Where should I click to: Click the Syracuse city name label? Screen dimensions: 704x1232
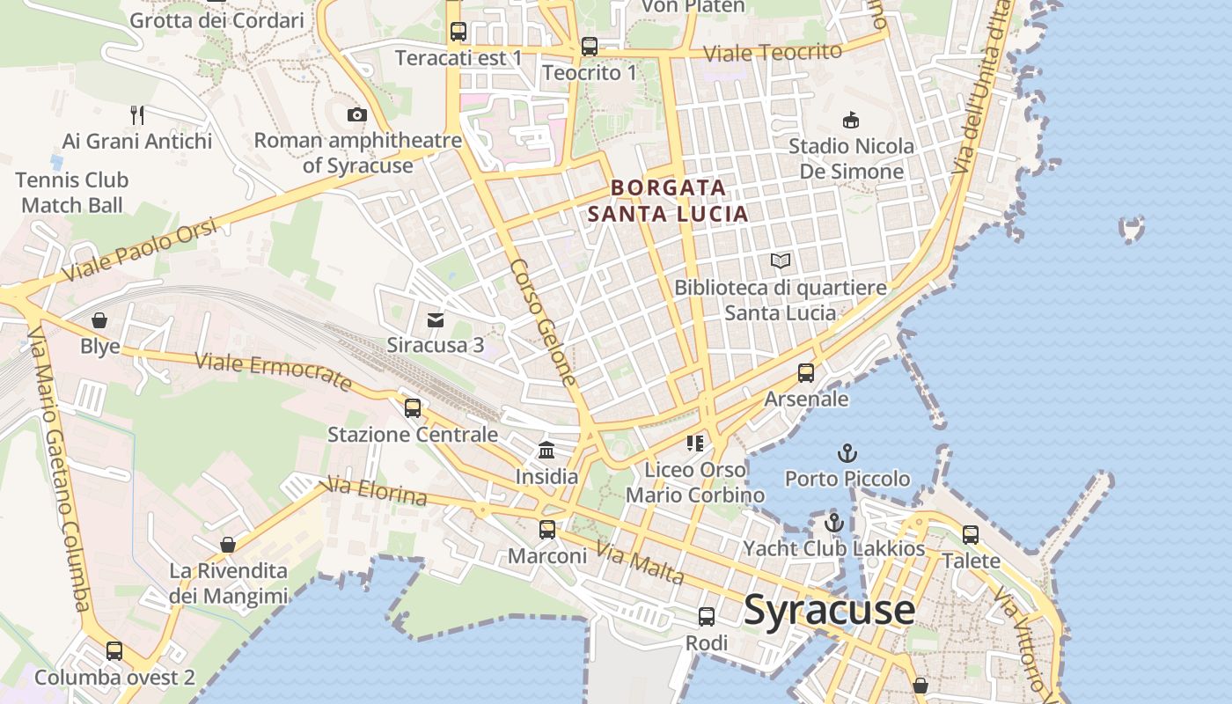(x=829, y=610)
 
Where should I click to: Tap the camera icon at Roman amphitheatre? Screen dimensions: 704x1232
(x=356, y=114)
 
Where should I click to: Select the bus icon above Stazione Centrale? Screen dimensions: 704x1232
(x=413, y=408)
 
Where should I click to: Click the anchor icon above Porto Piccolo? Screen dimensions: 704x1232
(x=847, y=453)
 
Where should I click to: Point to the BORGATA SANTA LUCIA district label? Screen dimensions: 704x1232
(x=668, y=201)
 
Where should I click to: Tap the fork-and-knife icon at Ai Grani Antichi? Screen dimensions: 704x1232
(x=136, y=114)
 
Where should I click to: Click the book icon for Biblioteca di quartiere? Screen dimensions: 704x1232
(x=781, y=260)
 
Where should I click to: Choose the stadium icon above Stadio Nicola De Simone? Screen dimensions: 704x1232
(x=850, y=120)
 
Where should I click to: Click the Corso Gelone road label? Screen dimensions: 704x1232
(x=543, y=322)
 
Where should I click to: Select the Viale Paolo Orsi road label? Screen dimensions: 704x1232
(x=142, y=252)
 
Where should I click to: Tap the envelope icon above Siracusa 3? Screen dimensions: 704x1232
(x=436, y=319)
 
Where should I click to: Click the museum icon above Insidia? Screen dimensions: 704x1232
(x=546, y=451)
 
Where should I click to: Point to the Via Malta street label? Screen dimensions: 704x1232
(x=640, y=563)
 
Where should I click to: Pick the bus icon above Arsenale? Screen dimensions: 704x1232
(x=806, y=373)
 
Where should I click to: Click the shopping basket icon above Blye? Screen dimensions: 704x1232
(x=99, y=320)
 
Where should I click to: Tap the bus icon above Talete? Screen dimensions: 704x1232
(x=971, y=534)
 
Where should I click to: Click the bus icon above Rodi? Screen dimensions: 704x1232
(x=707, y=617)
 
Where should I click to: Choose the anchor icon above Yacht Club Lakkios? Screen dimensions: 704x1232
(x=833, y=523)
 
